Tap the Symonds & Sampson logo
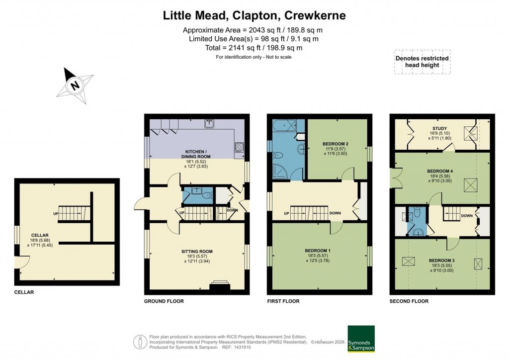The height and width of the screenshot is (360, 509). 361,339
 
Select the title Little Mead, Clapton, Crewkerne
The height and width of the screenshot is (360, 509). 254,15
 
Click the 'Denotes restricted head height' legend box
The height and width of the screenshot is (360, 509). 422,62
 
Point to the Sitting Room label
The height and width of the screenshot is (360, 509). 197,252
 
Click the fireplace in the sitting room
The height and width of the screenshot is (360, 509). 219,285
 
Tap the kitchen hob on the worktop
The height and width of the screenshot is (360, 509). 239,147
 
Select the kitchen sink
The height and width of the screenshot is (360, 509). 211,123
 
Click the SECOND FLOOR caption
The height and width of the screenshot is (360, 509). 409,301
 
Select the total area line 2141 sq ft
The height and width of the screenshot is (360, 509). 254,48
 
